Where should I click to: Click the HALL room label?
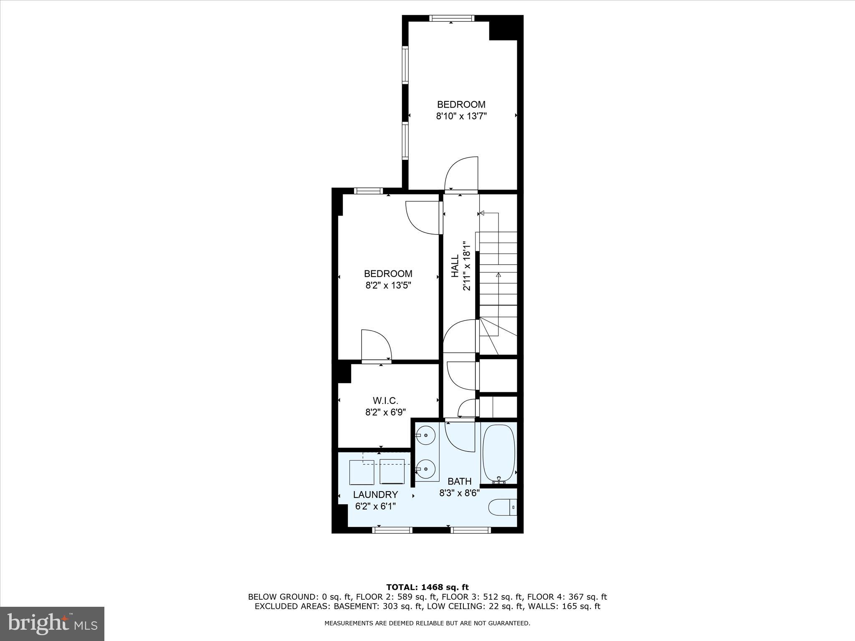click(455, 267)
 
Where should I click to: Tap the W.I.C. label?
click(385, 401)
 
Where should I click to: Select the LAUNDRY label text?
click(375, 495)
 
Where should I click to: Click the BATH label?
click(459, 482)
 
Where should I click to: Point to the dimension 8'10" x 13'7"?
click(461, 116)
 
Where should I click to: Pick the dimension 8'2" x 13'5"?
click(388, 285)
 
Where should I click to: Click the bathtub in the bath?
click(499, 454)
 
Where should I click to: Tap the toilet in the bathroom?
click(503, 507)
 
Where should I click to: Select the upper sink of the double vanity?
click(426, 435)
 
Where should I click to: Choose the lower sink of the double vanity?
click(426, 469)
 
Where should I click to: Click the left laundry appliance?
click(361, 472)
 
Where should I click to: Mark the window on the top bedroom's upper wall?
click(452, 18)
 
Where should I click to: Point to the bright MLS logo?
click(52, 623)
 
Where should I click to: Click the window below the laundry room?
click(392, 530)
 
